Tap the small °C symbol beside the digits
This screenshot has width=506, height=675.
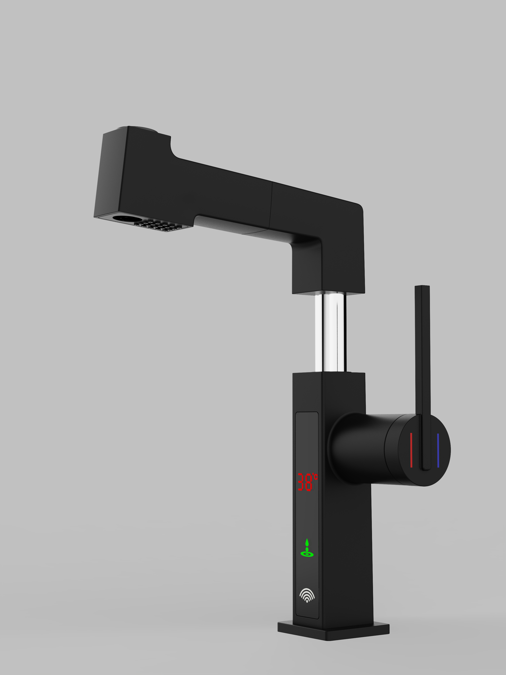[x=315, y=477]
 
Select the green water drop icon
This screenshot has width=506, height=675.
[x=307, y=548]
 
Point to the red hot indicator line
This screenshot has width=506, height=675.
[x=411, y=450]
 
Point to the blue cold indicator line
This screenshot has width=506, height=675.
[x=438, y=450]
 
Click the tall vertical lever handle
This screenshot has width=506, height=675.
[x=422, y=351]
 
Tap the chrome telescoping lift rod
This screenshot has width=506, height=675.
[x=330, y=333]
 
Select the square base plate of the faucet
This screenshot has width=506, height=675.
[x=333, y=631]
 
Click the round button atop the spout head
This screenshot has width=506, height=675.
[x=142, y=128]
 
